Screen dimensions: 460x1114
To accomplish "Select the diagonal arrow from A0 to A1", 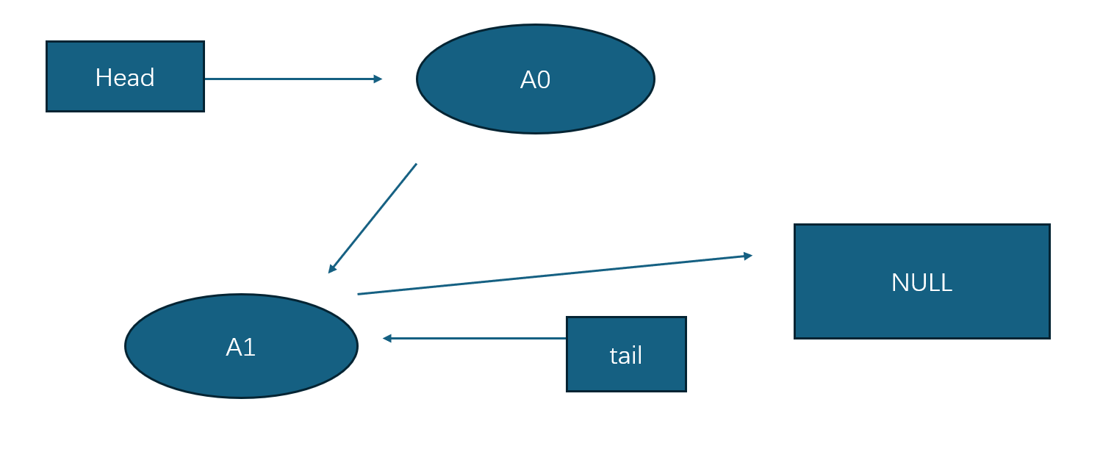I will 373,218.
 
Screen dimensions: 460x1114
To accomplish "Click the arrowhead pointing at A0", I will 378,79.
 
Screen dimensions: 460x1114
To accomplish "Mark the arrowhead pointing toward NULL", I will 748,256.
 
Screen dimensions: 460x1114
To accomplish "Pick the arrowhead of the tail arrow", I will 387,338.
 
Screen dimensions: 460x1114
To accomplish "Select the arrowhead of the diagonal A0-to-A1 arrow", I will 332,269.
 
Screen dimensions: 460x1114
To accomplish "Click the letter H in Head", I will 102,77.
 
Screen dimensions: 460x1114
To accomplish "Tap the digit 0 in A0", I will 543,80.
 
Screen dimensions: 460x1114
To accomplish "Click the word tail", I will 626,356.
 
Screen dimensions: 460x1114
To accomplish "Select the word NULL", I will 921,282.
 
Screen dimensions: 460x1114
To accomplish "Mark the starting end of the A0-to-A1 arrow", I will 416,164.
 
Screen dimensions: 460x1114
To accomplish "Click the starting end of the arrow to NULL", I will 358,294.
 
